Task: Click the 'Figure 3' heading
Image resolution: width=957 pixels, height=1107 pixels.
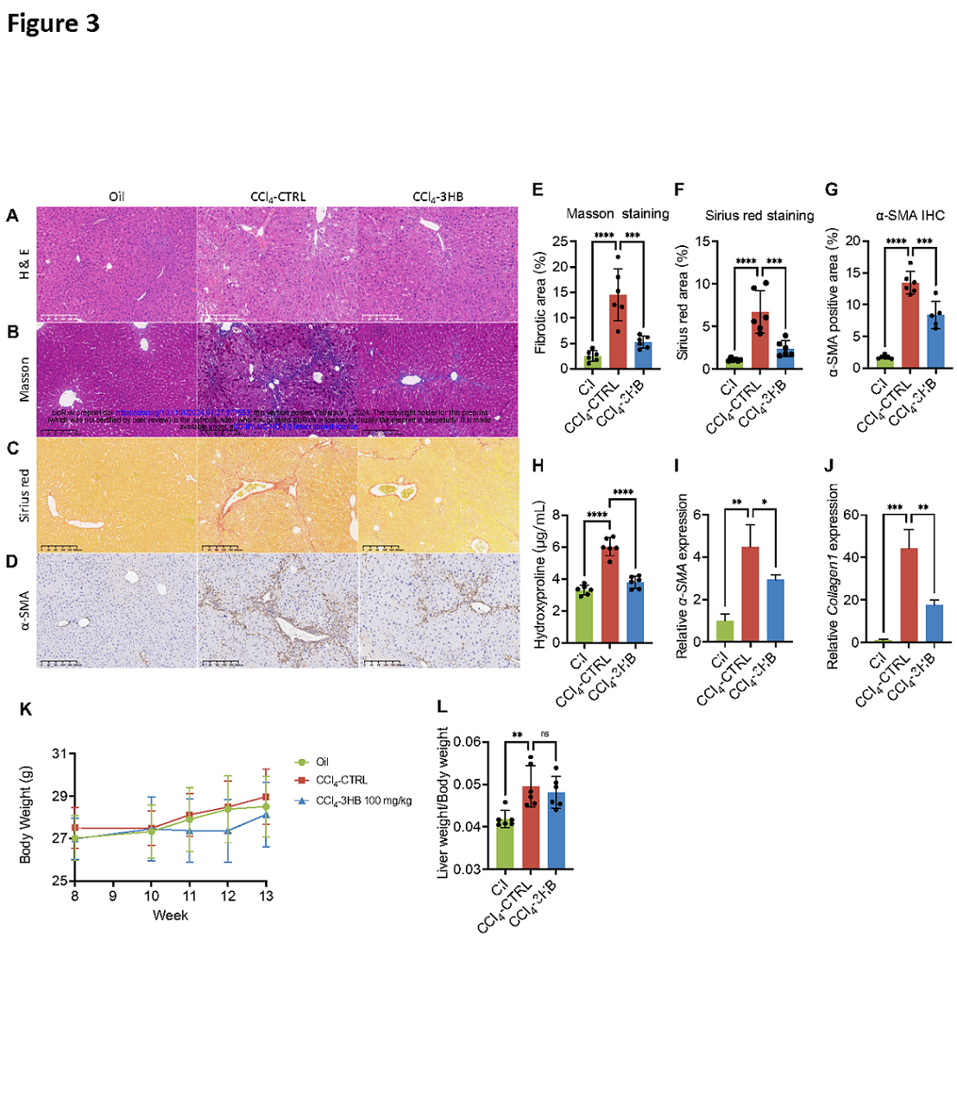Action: coord(54,23)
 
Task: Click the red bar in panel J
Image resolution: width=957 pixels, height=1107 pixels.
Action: coord(909,596)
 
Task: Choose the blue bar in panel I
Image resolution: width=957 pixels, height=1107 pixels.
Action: coord(775,610)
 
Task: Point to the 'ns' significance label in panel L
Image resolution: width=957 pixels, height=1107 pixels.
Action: coord(545,734)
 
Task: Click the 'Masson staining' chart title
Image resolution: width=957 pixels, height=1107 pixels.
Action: coord(617,213)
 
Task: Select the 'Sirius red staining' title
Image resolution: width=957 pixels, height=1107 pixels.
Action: coord(759,215)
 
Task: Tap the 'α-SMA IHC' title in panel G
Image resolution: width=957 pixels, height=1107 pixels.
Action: coord(910,215)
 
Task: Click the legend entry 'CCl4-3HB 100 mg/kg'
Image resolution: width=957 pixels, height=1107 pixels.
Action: coord(363,800)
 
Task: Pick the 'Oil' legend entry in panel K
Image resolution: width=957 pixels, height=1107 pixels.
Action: coord(321,762)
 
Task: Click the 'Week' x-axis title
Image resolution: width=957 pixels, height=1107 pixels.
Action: coord(170,915)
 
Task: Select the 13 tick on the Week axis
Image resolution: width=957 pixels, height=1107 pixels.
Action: coord(266,896)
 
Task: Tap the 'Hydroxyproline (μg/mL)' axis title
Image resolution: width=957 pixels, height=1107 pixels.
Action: coord(541,575)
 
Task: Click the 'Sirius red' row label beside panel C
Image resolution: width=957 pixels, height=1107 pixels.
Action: coord(24,496)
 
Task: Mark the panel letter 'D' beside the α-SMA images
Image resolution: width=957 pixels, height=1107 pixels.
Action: coord(12,562)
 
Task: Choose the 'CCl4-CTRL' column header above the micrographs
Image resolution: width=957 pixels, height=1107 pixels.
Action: coord(278,196)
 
